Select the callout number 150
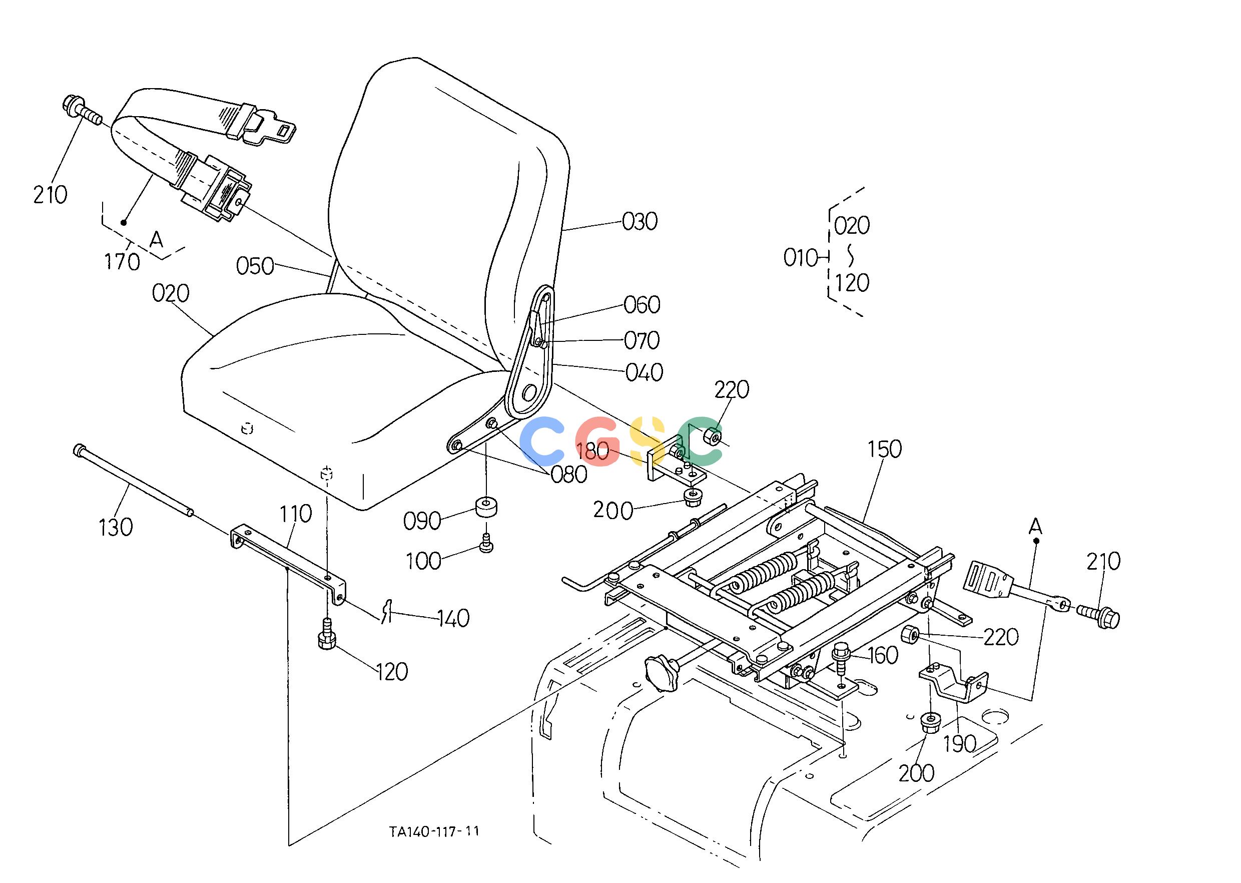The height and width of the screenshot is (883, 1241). click(884, 449)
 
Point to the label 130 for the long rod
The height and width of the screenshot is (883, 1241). click(116, 527)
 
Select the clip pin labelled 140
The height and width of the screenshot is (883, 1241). click(387, 611)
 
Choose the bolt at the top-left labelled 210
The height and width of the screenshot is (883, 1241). click(83, 112)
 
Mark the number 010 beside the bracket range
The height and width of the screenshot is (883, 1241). click(801, 258)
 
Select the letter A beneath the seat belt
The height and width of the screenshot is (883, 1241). click(157, 239)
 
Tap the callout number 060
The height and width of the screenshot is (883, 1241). click(642, 305)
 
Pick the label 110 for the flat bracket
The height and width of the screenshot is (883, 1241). click(296, 513)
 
